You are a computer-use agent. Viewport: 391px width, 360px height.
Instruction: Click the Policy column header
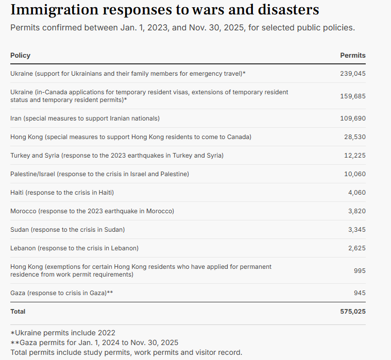click(20, 55)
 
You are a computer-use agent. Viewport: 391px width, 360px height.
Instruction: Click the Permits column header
click(353, 55)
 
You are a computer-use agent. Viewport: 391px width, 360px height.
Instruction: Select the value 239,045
click(353, 74)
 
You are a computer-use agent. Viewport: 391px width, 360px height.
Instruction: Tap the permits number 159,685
click(353, 96)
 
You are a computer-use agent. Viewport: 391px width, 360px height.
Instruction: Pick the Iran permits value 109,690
click(353, 118)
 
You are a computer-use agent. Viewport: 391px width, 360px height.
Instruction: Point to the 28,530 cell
click(355, 137)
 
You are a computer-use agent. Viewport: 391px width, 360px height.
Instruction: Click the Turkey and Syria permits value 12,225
click(355, 156)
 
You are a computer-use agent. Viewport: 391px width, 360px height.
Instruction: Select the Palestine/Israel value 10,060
click(355, 174)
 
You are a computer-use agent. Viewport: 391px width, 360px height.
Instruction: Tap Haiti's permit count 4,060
click(357, 193)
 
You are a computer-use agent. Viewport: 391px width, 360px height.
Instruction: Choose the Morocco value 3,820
click(357, 211)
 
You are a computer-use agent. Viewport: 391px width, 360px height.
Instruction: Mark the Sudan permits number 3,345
click(357, 229)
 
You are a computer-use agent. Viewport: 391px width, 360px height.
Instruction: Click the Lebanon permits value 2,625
click(357, 248)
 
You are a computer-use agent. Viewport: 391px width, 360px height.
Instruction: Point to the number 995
click(360, 270)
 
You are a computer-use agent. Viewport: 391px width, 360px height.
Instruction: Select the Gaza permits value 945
click(360, 293)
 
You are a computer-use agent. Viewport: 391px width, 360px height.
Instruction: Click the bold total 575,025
click(353, 312)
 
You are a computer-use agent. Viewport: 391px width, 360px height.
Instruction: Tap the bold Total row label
click(18, 312)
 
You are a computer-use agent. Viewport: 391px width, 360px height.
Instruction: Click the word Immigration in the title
click(55, 10)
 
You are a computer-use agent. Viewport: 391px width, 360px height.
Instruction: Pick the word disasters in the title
click(288, 10)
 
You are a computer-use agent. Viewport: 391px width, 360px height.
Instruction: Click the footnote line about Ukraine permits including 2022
click(63, 333)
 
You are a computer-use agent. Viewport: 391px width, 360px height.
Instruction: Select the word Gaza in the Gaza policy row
click(18, 293)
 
